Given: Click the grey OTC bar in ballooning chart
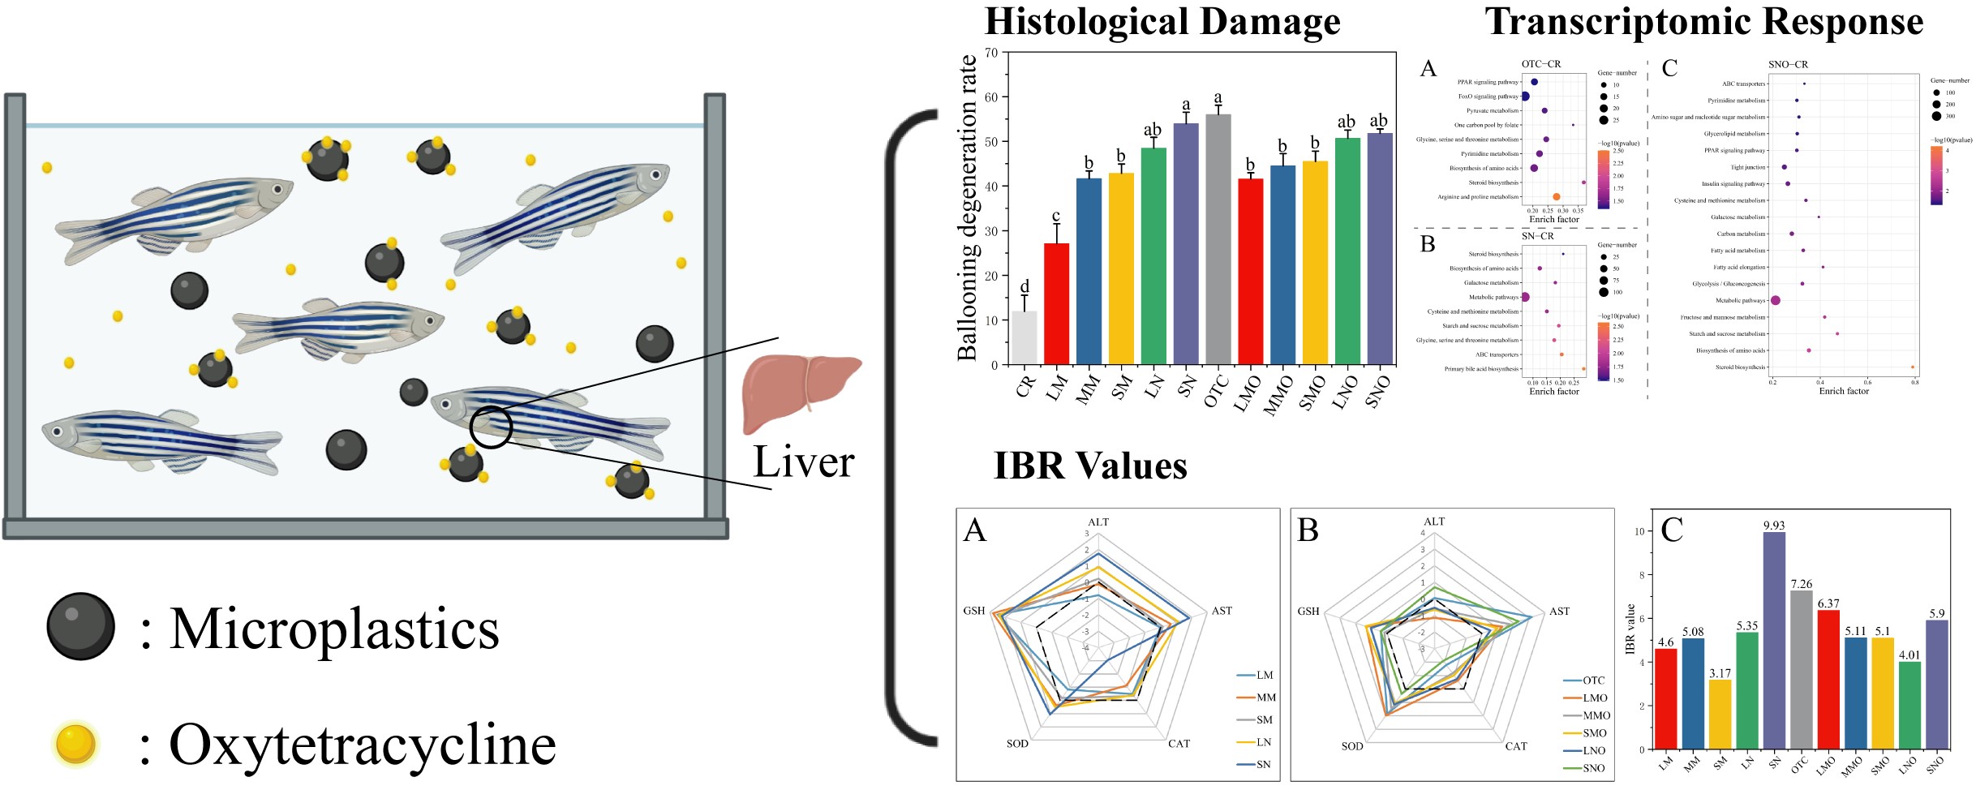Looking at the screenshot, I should click(1218, 239).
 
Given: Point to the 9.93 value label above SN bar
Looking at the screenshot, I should click(1774, 526).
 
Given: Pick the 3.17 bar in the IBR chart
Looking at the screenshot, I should click(1720, 714).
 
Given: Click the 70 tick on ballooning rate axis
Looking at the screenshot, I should click(991, 53).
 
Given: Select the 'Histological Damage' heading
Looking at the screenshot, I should click(1162, 22).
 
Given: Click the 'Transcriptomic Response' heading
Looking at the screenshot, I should click(1703, 22).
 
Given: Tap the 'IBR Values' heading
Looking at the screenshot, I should click(1090, 466).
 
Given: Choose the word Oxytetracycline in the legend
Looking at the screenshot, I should click(363, 745).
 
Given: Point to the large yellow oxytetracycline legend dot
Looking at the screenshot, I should click(76, 744).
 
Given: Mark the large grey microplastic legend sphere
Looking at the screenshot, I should click(80, 626).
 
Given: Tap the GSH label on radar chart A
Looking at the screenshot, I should click(973, 611).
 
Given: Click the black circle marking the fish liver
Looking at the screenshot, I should click(491, 427).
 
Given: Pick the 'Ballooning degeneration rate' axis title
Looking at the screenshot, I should click(967, 208).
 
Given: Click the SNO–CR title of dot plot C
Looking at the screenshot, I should click(1788, 65).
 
